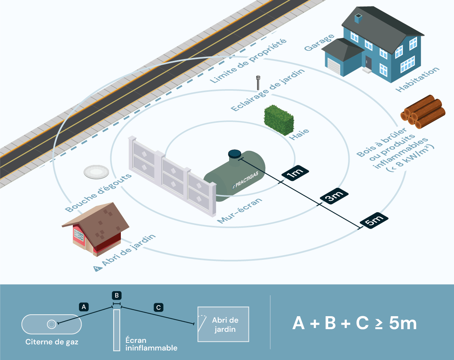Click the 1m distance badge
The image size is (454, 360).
(x=295, y=173)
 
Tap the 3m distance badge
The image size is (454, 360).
(x=334, y=197)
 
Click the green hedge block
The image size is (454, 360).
(x=279, y=120)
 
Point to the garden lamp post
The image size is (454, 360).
(x=258, y=83)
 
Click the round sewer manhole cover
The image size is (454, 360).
(x=96, y=172)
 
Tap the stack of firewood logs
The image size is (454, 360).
(x=423, y=112)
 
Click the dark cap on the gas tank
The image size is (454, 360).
(x=234, y=154)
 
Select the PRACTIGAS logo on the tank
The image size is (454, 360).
(x=245, y=180)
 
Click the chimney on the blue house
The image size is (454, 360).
(x=358, y=18)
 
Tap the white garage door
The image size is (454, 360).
(x=334, y=66)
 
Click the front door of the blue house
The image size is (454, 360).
(x=368, y=62)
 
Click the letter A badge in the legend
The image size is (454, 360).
(x=84, y=307)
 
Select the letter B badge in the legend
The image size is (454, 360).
(x=117, y=296)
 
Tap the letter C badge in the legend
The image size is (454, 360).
(x=158, y=307)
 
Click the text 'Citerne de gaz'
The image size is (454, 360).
(x=52, y=342)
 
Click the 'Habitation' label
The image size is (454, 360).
(x=417, y=80)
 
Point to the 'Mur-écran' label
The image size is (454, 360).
(x=240, y=211)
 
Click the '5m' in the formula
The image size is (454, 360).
(x=403, y=323)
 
